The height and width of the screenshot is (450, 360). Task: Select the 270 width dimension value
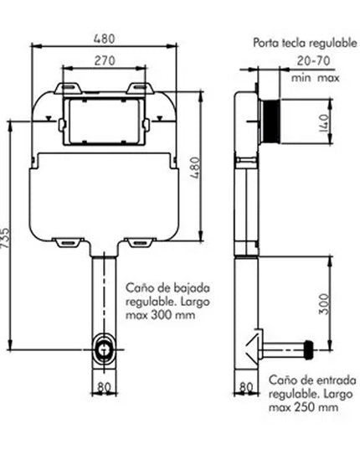[103, 60]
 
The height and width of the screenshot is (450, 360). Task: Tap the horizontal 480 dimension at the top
[103, 39]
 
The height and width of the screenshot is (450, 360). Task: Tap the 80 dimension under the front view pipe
[105, 387]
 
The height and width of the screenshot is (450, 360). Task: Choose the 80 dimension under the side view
[246, 387]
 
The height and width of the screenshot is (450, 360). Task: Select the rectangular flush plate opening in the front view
[103, 118]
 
